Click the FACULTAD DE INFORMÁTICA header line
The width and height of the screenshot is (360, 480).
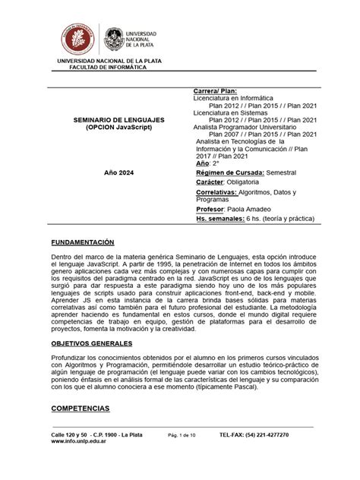click(x=112, y=66)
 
